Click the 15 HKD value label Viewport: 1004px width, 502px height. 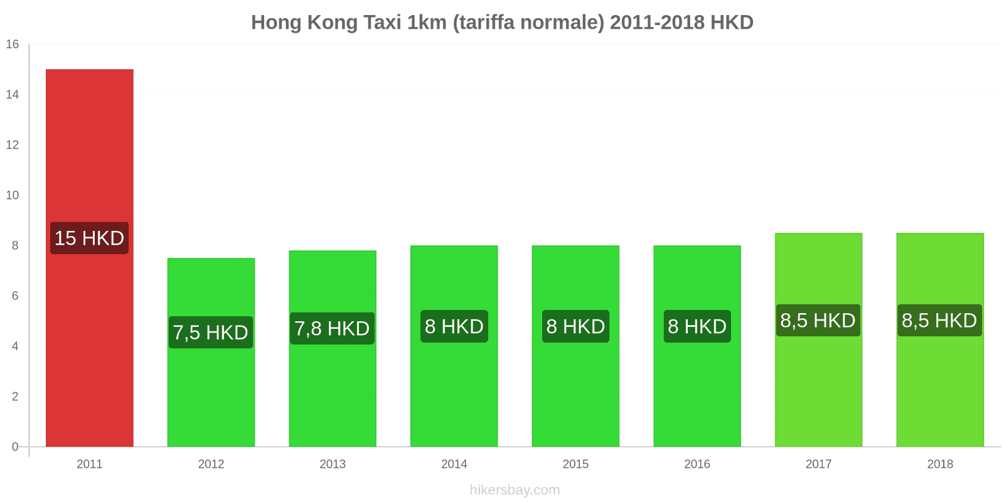pos(90,238)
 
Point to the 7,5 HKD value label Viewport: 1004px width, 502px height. pos(211,333)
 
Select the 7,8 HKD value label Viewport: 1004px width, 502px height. pos(332,328)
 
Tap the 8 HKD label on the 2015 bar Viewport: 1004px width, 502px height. pos(575,326)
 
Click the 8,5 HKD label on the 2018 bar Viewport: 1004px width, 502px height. pos(939,320)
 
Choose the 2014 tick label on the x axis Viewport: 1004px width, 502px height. pos(454,464)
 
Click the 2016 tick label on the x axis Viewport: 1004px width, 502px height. pos(697,464)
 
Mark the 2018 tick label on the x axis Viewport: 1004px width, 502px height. pos(939,464)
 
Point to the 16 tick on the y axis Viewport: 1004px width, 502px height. pos(13,45)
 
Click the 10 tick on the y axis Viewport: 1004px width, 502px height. pos(13,195)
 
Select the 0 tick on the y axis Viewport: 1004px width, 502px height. pos(15,447)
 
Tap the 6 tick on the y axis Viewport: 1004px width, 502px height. pos(15,296)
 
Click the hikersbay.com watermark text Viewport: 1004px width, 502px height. pos(515,490)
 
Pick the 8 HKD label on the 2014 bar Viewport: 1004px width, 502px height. pos(454,326)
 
